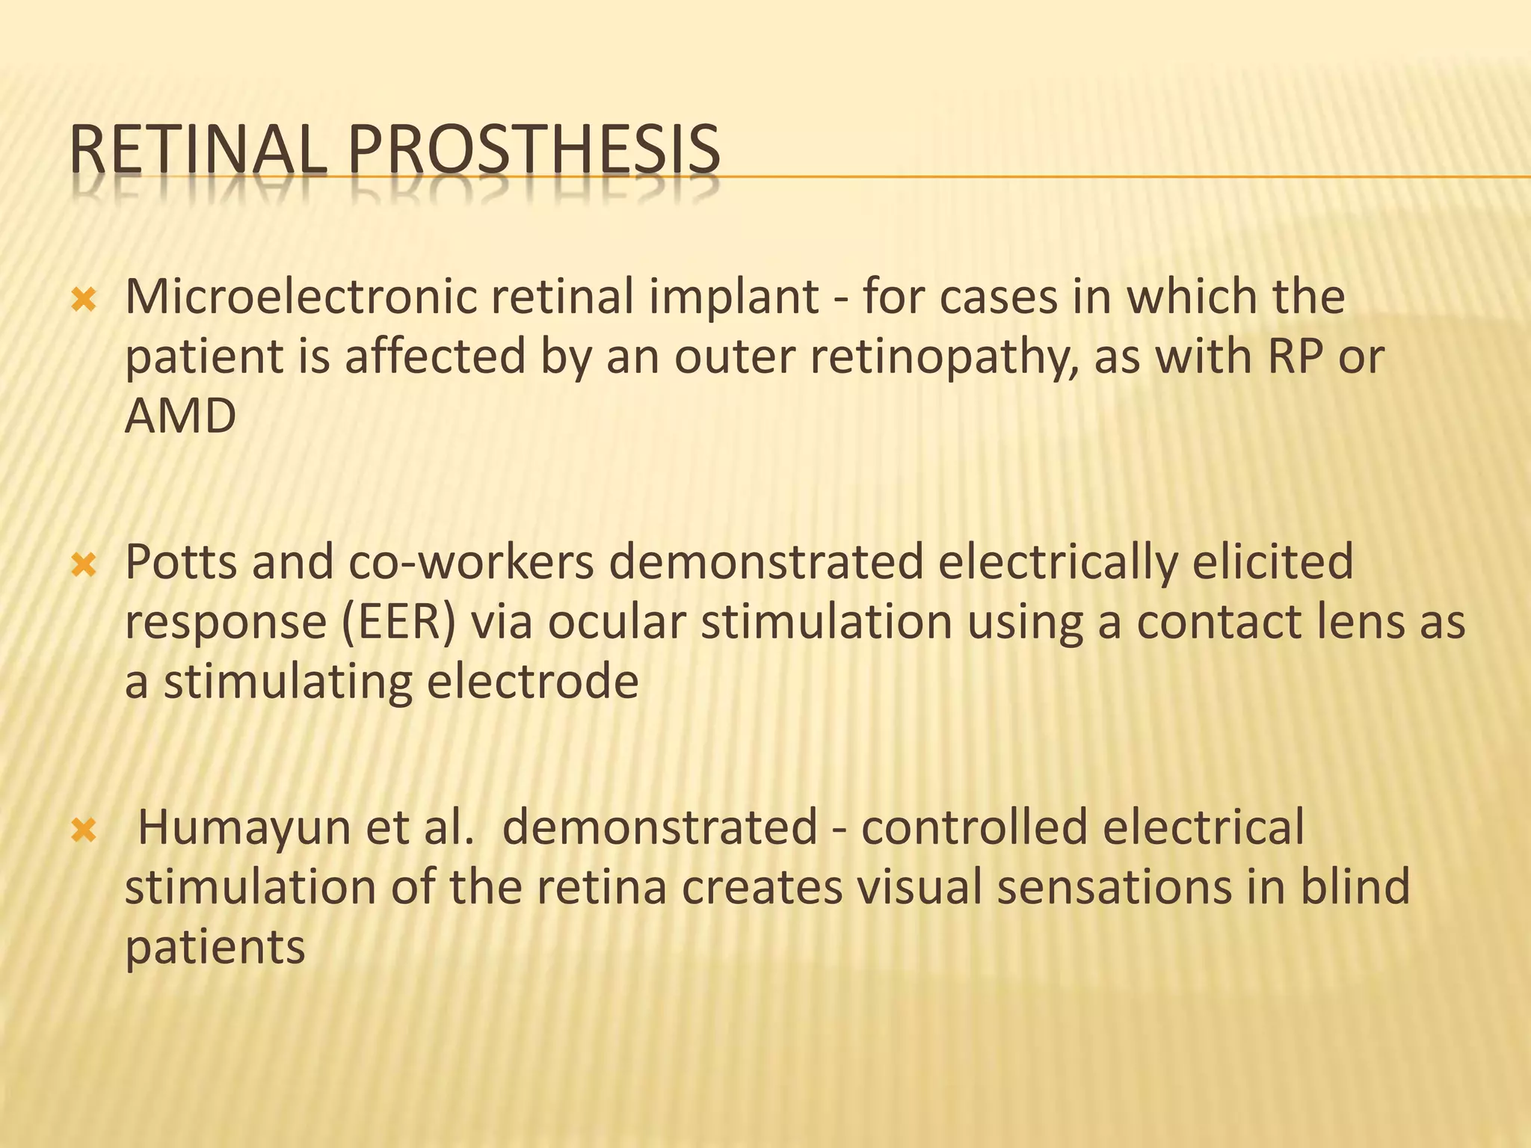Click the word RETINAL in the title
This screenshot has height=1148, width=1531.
coord(197,151)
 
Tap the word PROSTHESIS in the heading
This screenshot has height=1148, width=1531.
coord(534,151)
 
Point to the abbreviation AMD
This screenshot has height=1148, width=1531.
coord(180,416)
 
